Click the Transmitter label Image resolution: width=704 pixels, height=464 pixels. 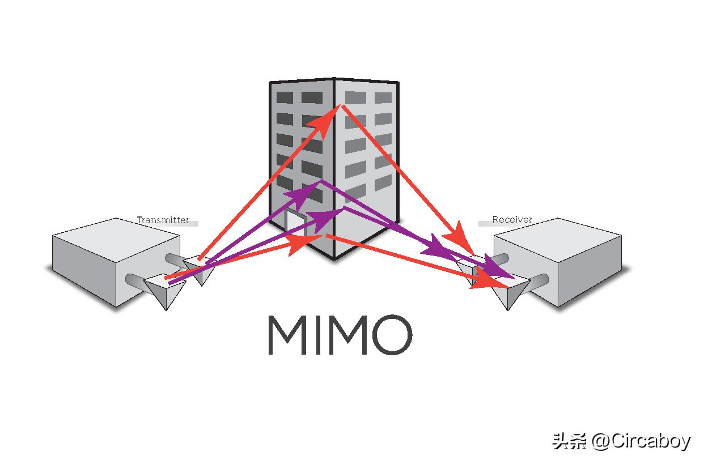[163, 220]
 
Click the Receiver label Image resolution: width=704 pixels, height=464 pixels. [512, 219]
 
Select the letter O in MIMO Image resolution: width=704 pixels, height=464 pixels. [392, 335]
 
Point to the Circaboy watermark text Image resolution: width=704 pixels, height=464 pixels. [641, 441]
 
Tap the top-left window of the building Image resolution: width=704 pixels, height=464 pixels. [285, 97]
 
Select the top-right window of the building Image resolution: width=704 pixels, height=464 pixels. [383, 97]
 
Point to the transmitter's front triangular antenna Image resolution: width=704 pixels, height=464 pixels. [165, 291]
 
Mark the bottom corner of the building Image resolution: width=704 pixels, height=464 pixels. [334, 259]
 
